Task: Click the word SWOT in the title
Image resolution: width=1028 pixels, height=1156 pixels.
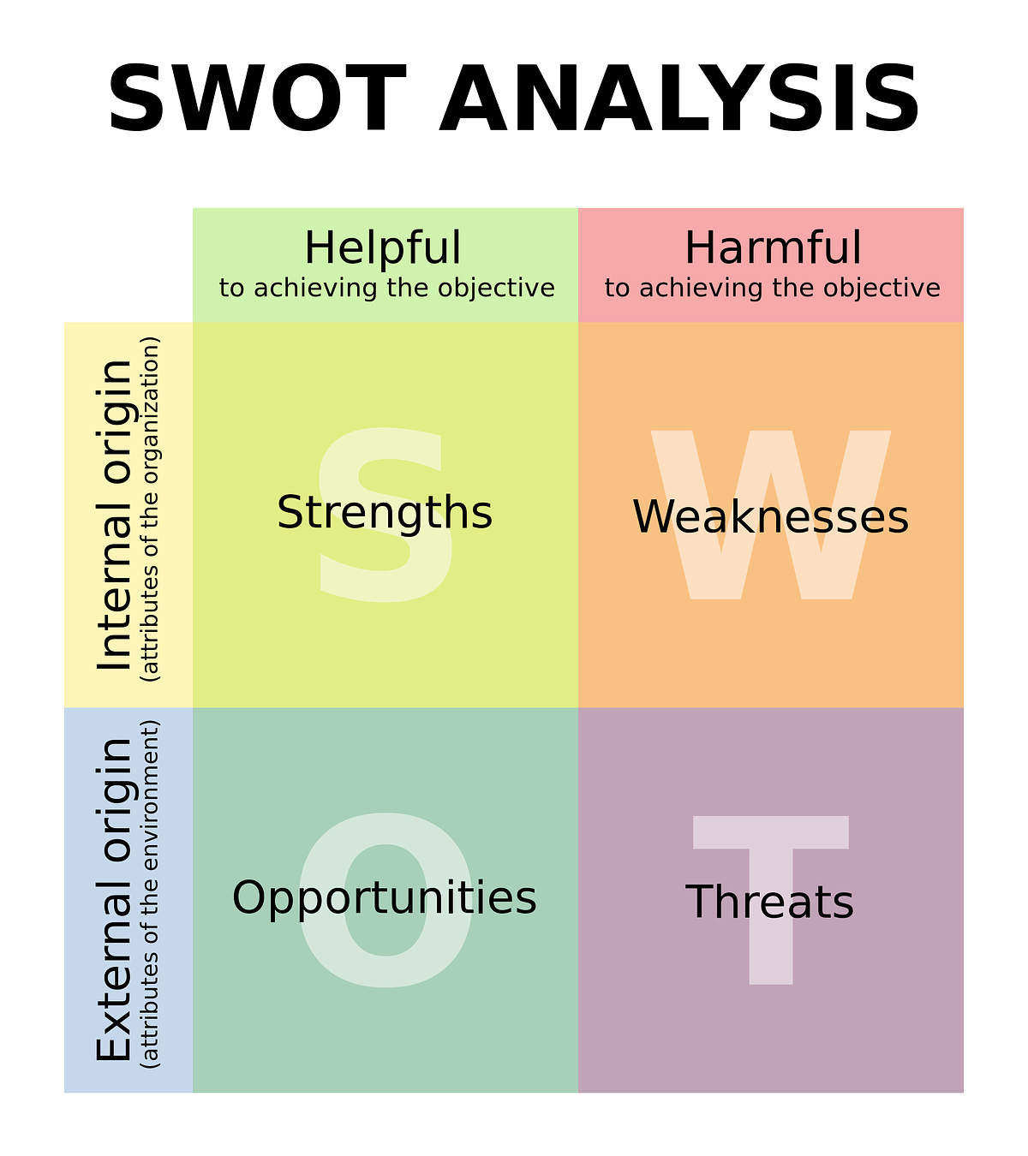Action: (x=257, y=98)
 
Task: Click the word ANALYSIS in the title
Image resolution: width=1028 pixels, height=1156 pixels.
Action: (x=679, y=98)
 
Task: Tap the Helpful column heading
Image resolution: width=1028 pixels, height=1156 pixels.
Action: (x=383, y=248)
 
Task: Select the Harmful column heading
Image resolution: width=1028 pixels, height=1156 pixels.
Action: (x=773, y=248)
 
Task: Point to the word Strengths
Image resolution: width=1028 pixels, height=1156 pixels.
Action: (x=385, y=513)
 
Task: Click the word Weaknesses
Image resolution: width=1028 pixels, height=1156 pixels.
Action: (x=771, y=517)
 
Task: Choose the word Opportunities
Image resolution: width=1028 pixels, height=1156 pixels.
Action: (x=384, y=897)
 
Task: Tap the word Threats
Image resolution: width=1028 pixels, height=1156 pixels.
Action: (x=769, y=902)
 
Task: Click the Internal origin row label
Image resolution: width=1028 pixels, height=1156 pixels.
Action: (x=114, y=515)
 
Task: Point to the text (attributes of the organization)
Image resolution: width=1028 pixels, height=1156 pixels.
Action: (x=150, y=509)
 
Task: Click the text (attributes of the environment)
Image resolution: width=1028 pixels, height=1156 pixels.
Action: (x=150, y=894)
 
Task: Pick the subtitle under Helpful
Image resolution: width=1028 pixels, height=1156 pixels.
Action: (x=387, y=289)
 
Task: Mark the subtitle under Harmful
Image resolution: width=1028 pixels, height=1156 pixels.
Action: (x=772, y=289)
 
